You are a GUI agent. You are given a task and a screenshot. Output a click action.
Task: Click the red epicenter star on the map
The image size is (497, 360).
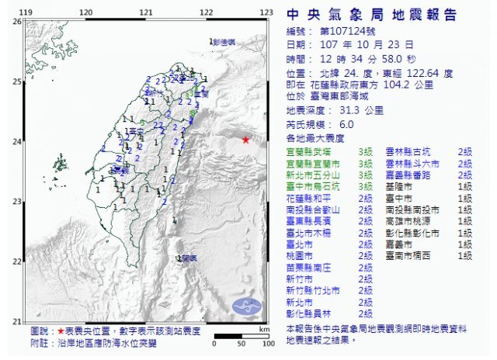245,140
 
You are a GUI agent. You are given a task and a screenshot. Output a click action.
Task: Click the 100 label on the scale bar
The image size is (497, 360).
263,341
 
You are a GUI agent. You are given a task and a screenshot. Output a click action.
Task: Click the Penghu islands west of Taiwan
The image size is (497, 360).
60,164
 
